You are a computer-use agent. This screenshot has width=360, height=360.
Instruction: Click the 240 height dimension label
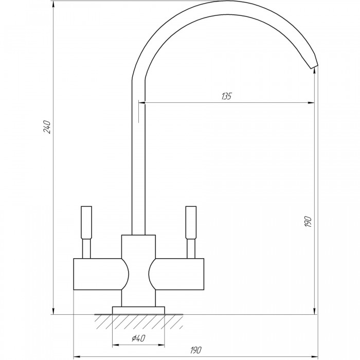coord(47,127)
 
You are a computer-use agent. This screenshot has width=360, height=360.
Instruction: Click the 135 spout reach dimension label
coord(227,96)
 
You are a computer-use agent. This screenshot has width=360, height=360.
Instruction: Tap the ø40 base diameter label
coord(138,338)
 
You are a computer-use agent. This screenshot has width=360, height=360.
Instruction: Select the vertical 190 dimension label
coord(308,222)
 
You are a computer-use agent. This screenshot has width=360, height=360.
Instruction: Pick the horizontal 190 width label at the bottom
coord(196,350)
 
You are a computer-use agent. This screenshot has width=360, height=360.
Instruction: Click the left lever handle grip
coord(86,223)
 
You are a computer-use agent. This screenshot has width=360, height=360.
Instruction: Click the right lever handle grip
coord(191,223)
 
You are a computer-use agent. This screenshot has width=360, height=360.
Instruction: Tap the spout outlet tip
coord(315,66)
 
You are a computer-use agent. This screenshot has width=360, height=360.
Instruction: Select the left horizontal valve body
coord(101,274)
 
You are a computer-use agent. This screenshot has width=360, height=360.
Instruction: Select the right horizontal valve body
coord(176,274)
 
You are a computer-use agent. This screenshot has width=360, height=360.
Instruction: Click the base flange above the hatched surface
coord(138,310)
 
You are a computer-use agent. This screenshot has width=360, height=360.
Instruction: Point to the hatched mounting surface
coord(139,321)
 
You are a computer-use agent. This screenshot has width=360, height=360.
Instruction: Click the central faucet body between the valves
coord(138,271)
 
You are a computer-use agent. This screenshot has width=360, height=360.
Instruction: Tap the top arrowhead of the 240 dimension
coord(53,4)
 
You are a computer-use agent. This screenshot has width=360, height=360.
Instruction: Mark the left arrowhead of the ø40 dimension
coord(116,345)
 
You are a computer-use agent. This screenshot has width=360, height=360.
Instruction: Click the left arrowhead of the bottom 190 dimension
coord(77,357)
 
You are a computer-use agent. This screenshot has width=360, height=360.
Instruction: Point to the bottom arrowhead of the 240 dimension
coord(53,311)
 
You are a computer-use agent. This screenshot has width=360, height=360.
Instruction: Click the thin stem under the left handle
coord(86,248)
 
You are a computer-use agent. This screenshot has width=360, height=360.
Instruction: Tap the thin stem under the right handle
coord(191,248)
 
